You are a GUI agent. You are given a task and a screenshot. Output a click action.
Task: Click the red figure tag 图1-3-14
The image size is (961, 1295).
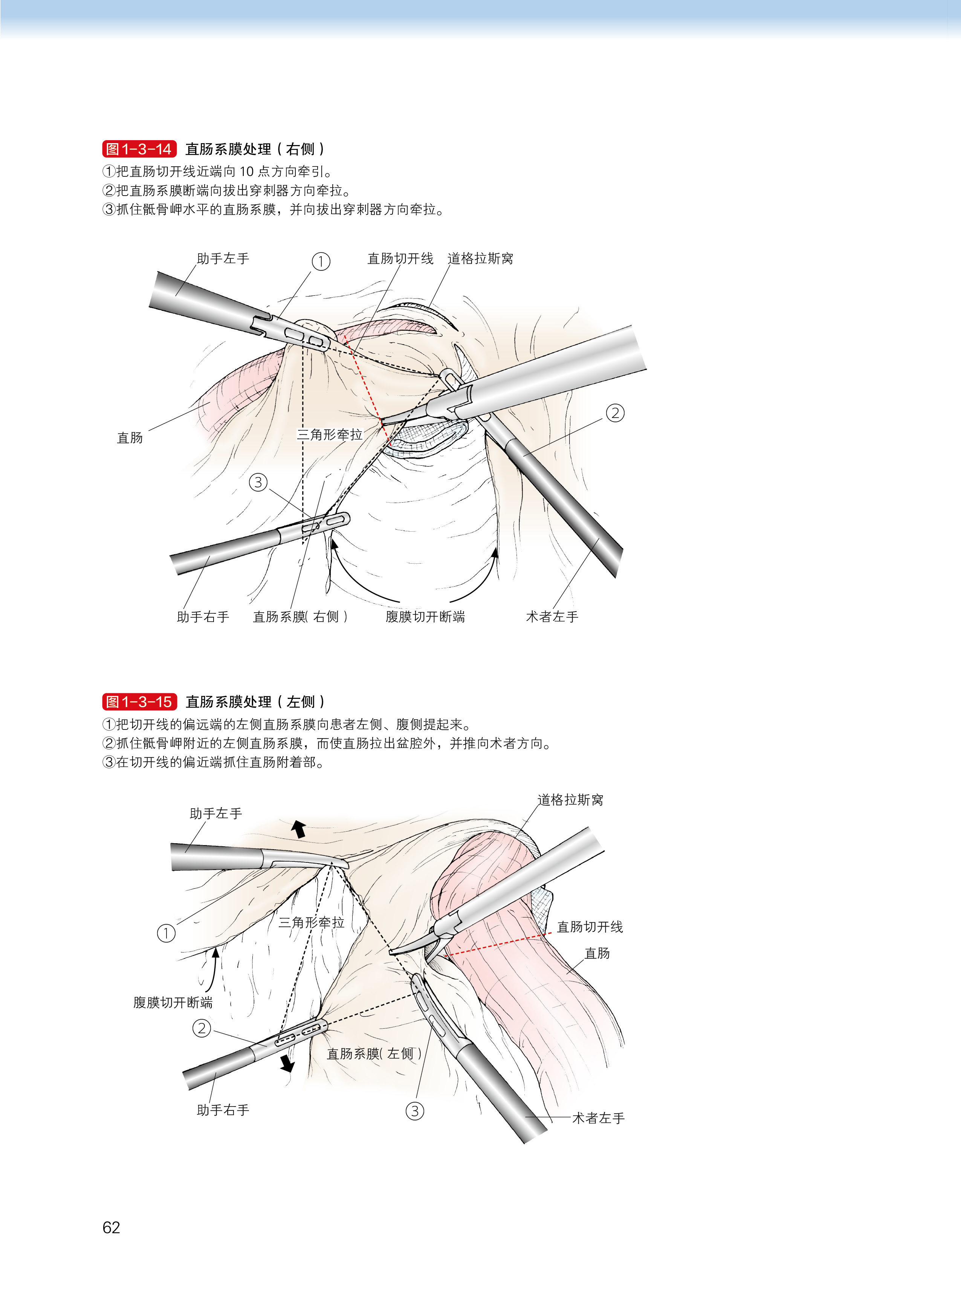[x=139, y=149]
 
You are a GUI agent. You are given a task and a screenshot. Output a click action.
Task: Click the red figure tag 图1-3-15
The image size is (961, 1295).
[x=139, y=702]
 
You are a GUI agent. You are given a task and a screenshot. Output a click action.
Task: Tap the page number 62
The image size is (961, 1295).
[x=111, y=1227]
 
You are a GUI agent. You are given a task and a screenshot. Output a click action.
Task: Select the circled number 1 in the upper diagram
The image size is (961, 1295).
[x=321, y=261]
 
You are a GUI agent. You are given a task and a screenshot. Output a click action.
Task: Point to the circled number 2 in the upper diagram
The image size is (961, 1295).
[x=615, y=413]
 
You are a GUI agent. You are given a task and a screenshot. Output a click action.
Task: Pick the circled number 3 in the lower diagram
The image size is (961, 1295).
[x=415, y=1111]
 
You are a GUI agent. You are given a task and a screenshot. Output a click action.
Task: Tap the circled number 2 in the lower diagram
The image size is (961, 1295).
[x=202, y=1028]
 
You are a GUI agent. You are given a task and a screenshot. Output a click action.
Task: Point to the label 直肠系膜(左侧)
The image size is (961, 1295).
[x=374, y=1053]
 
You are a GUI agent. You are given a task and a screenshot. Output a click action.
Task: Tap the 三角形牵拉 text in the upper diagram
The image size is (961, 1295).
[x=330, y=434]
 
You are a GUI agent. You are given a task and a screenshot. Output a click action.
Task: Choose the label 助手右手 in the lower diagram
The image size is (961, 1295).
[x=223, y=1110]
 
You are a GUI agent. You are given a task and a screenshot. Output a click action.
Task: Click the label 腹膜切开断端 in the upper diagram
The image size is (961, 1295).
[x=425, y=617]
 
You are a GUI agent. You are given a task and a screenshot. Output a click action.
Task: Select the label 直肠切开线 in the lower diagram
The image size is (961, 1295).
[x=590, y=927]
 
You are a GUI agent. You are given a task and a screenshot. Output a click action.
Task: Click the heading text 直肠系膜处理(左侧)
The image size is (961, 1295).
[x=255, y=702]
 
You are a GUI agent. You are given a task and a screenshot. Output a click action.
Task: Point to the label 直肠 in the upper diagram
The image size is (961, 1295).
[x=130, y=437]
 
